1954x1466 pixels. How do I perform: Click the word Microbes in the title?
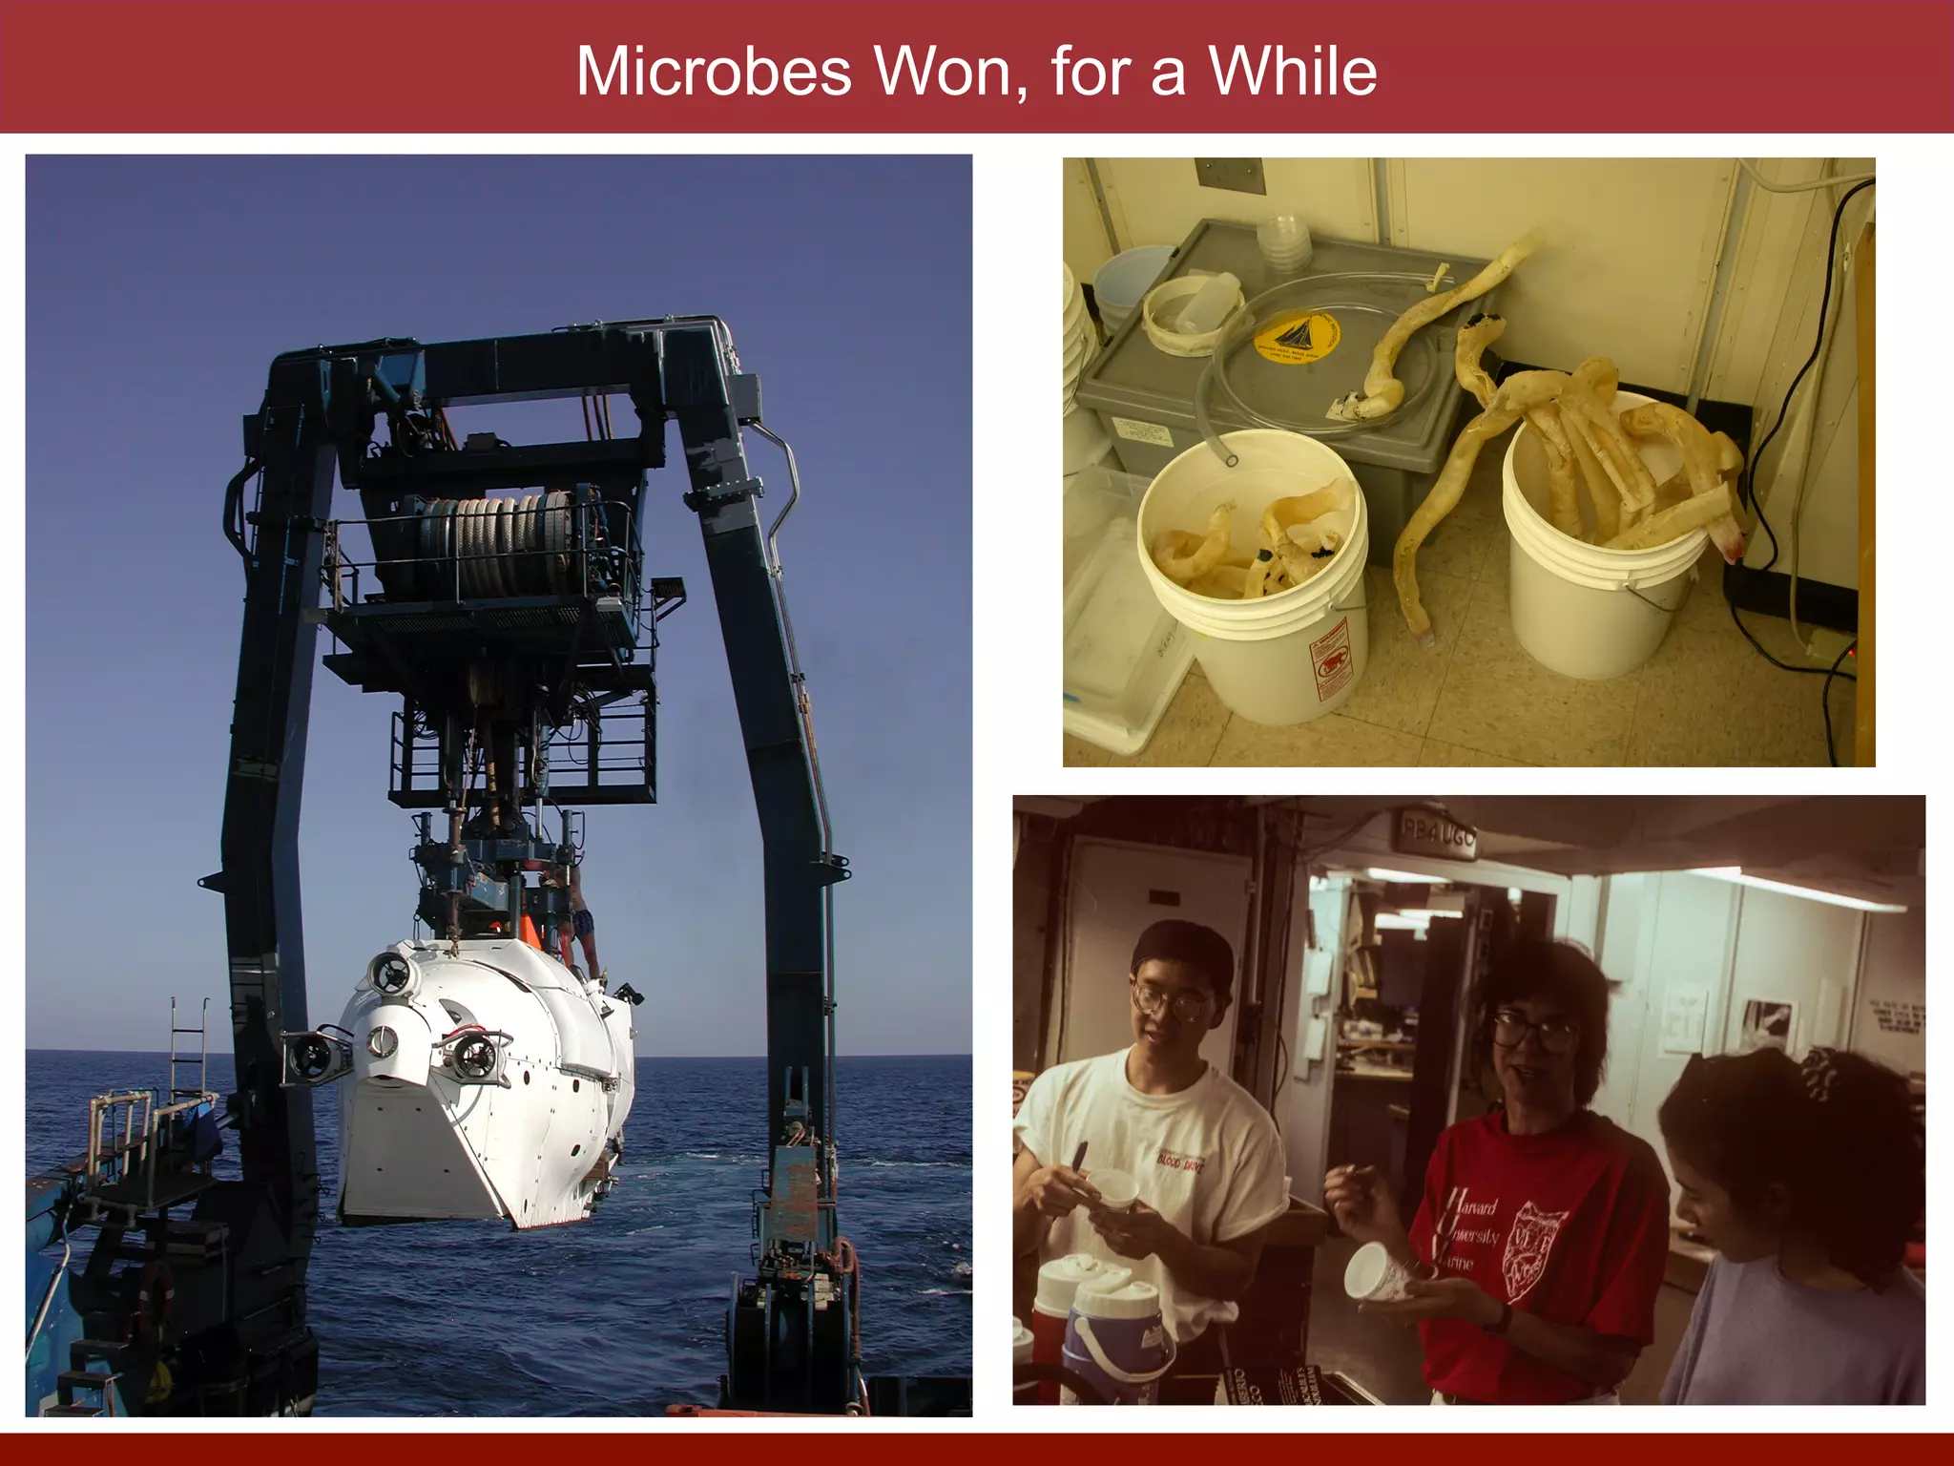click(713, 72)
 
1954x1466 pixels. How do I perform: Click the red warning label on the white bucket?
click(1333, 659)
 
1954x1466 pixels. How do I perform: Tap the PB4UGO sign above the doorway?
click(1437, 837)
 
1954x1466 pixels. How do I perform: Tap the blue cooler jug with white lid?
click(1117, 1336)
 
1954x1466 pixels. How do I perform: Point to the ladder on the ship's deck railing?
click(188, 1050)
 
